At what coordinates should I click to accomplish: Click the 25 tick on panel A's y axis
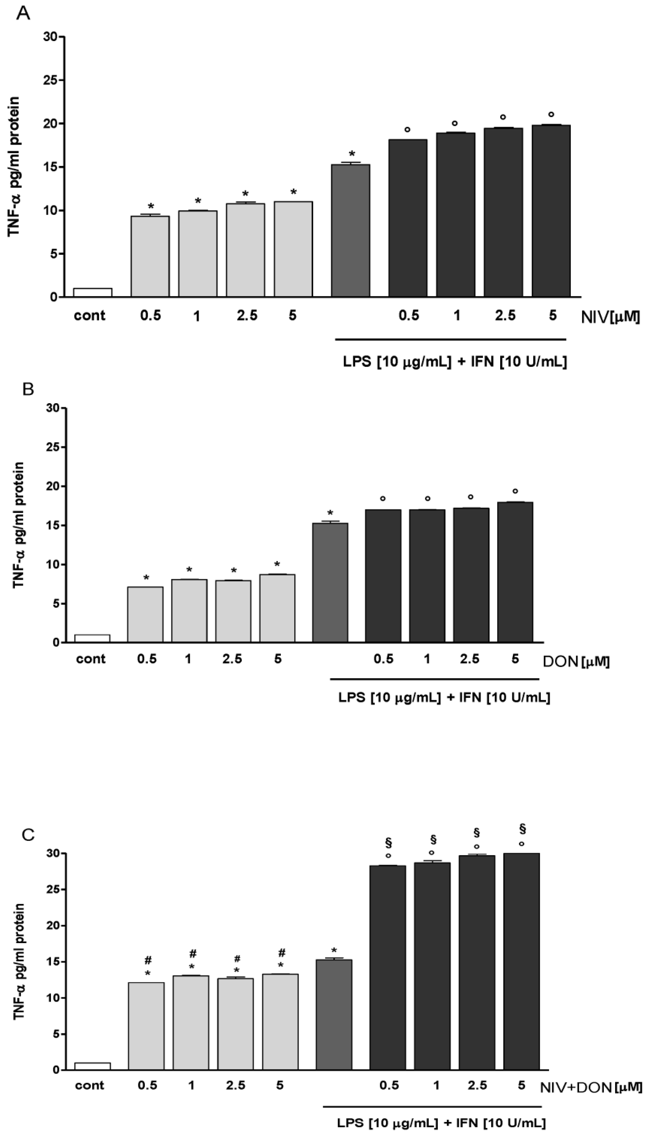(51, 80)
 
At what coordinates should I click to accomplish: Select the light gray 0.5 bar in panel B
(145, 614)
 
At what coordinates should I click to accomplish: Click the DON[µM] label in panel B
(576, 662)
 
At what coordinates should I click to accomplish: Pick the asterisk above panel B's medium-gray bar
(330, 514)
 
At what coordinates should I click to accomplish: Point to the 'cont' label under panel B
(91, 659)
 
